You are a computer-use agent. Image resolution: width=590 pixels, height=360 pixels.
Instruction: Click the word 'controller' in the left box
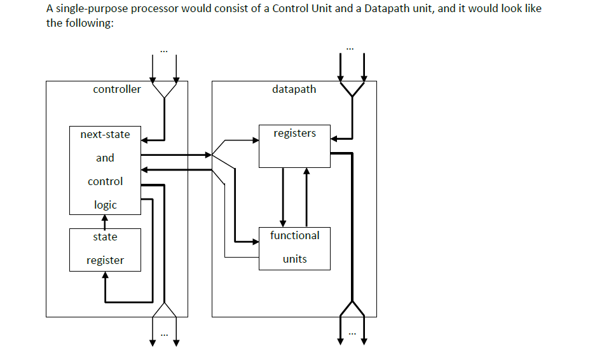coord(117,90)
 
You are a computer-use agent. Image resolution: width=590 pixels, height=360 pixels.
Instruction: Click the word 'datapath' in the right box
coord(294,90)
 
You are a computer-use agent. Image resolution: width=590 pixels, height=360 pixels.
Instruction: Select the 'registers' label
coord(294,134)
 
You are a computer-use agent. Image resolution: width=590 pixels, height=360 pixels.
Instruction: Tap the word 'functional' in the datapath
coord(294,235)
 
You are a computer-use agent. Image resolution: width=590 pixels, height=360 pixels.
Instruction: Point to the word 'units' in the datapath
coord(294,259)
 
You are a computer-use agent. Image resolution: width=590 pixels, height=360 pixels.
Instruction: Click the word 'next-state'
coord(105,134)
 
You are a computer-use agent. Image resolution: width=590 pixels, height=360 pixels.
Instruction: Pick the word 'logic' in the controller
coord(105,205)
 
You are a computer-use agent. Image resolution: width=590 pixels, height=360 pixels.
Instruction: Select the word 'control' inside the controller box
coord(105,181)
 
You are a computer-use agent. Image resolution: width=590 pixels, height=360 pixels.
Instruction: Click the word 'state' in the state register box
coord(105,237)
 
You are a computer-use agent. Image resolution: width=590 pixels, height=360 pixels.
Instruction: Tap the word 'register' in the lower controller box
coord(105,260)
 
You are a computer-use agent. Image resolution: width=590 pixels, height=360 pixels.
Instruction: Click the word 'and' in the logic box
coord(105,158)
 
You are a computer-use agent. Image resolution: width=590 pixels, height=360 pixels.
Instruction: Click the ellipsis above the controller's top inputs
coord(164,51)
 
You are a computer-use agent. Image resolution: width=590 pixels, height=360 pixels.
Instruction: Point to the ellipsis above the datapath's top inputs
coord(352,48)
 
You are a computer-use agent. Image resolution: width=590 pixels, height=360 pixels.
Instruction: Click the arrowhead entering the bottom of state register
coord(105,276)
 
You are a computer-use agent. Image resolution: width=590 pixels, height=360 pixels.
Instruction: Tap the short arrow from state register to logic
coord(105,221)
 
